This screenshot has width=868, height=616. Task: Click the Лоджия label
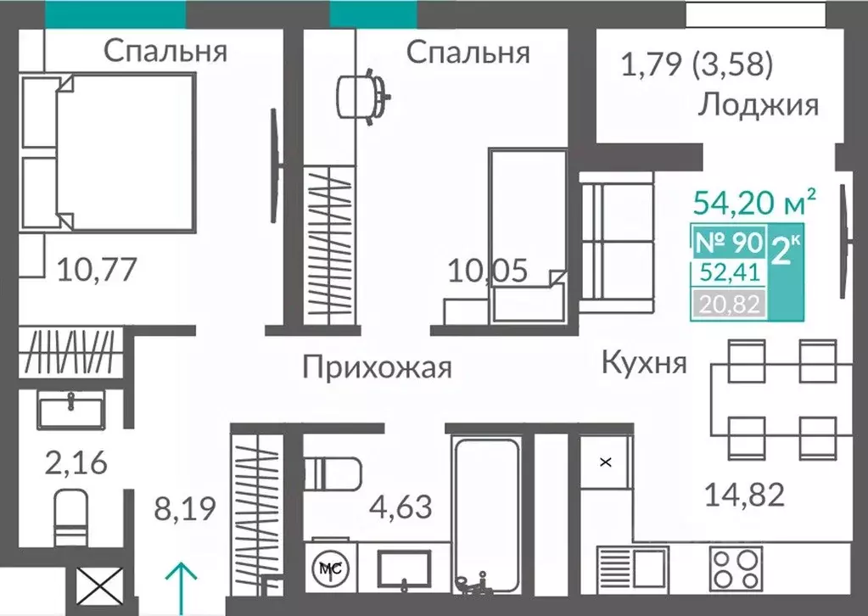pyautogui.click(x=759, y=105)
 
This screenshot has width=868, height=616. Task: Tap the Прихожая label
pyautogui.click(x=377, y=368)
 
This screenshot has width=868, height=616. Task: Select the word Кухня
pyautogui.click(x=644, y=362)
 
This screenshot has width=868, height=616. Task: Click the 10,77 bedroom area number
pyautogui.click(x=96, y=271)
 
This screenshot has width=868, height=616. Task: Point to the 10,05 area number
pyautogui.click(x=488, y=271)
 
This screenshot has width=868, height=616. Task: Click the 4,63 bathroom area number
pyautogui.click(x=400, y=507)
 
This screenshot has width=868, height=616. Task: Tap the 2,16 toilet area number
pyautogui.click(x=76, y=464)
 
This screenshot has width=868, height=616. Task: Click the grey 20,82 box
pyautogui.click(x=729, y=302)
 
